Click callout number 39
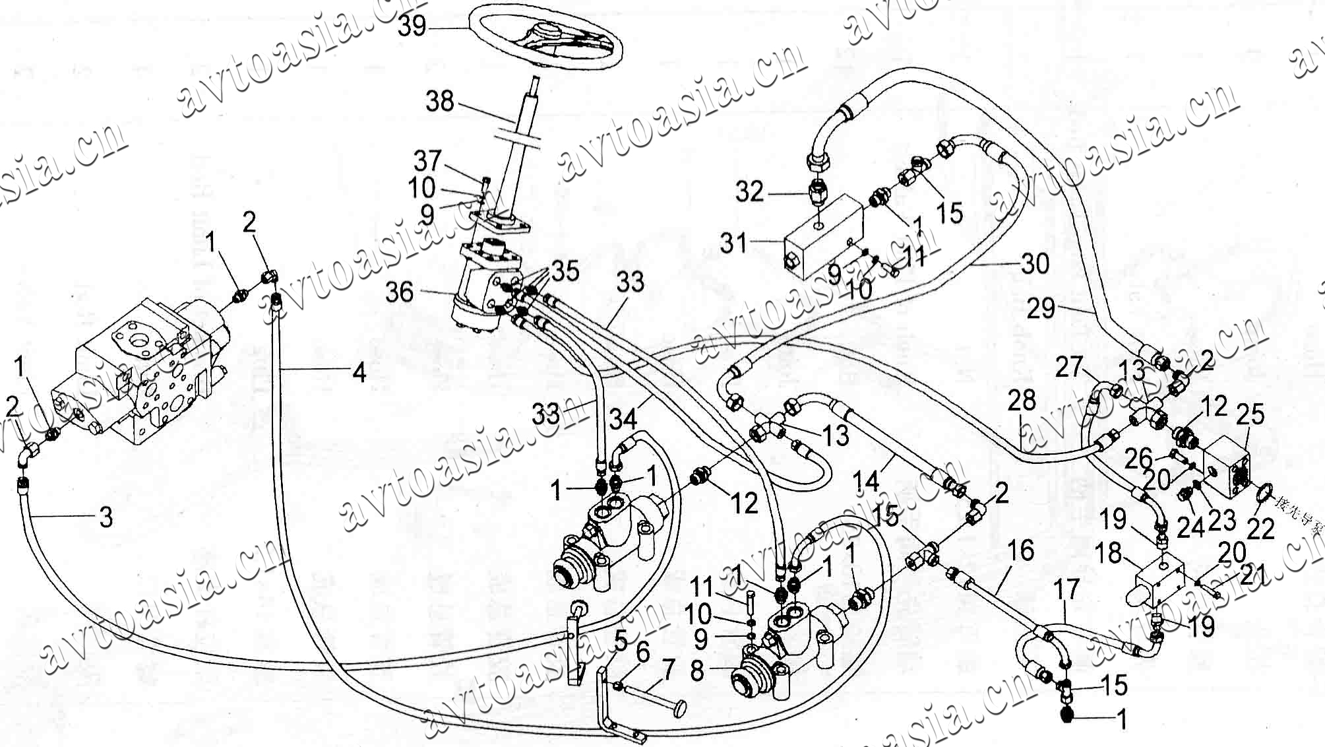point(413,26)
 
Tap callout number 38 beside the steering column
point(440,102)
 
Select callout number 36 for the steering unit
point(400,292)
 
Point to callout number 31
point(733,243)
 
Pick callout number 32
point(749,192)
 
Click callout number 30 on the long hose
point(1035,264)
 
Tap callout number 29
point(1041,308)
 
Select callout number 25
point(1250,414)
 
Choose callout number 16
point(1021,550)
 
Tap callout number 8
point(698,672)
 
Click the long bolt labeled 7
point(653,696)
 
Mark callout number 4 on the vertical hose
point(359,373)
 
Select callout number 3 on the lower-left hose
point(106,517)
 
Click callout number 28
point(1022,401)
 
